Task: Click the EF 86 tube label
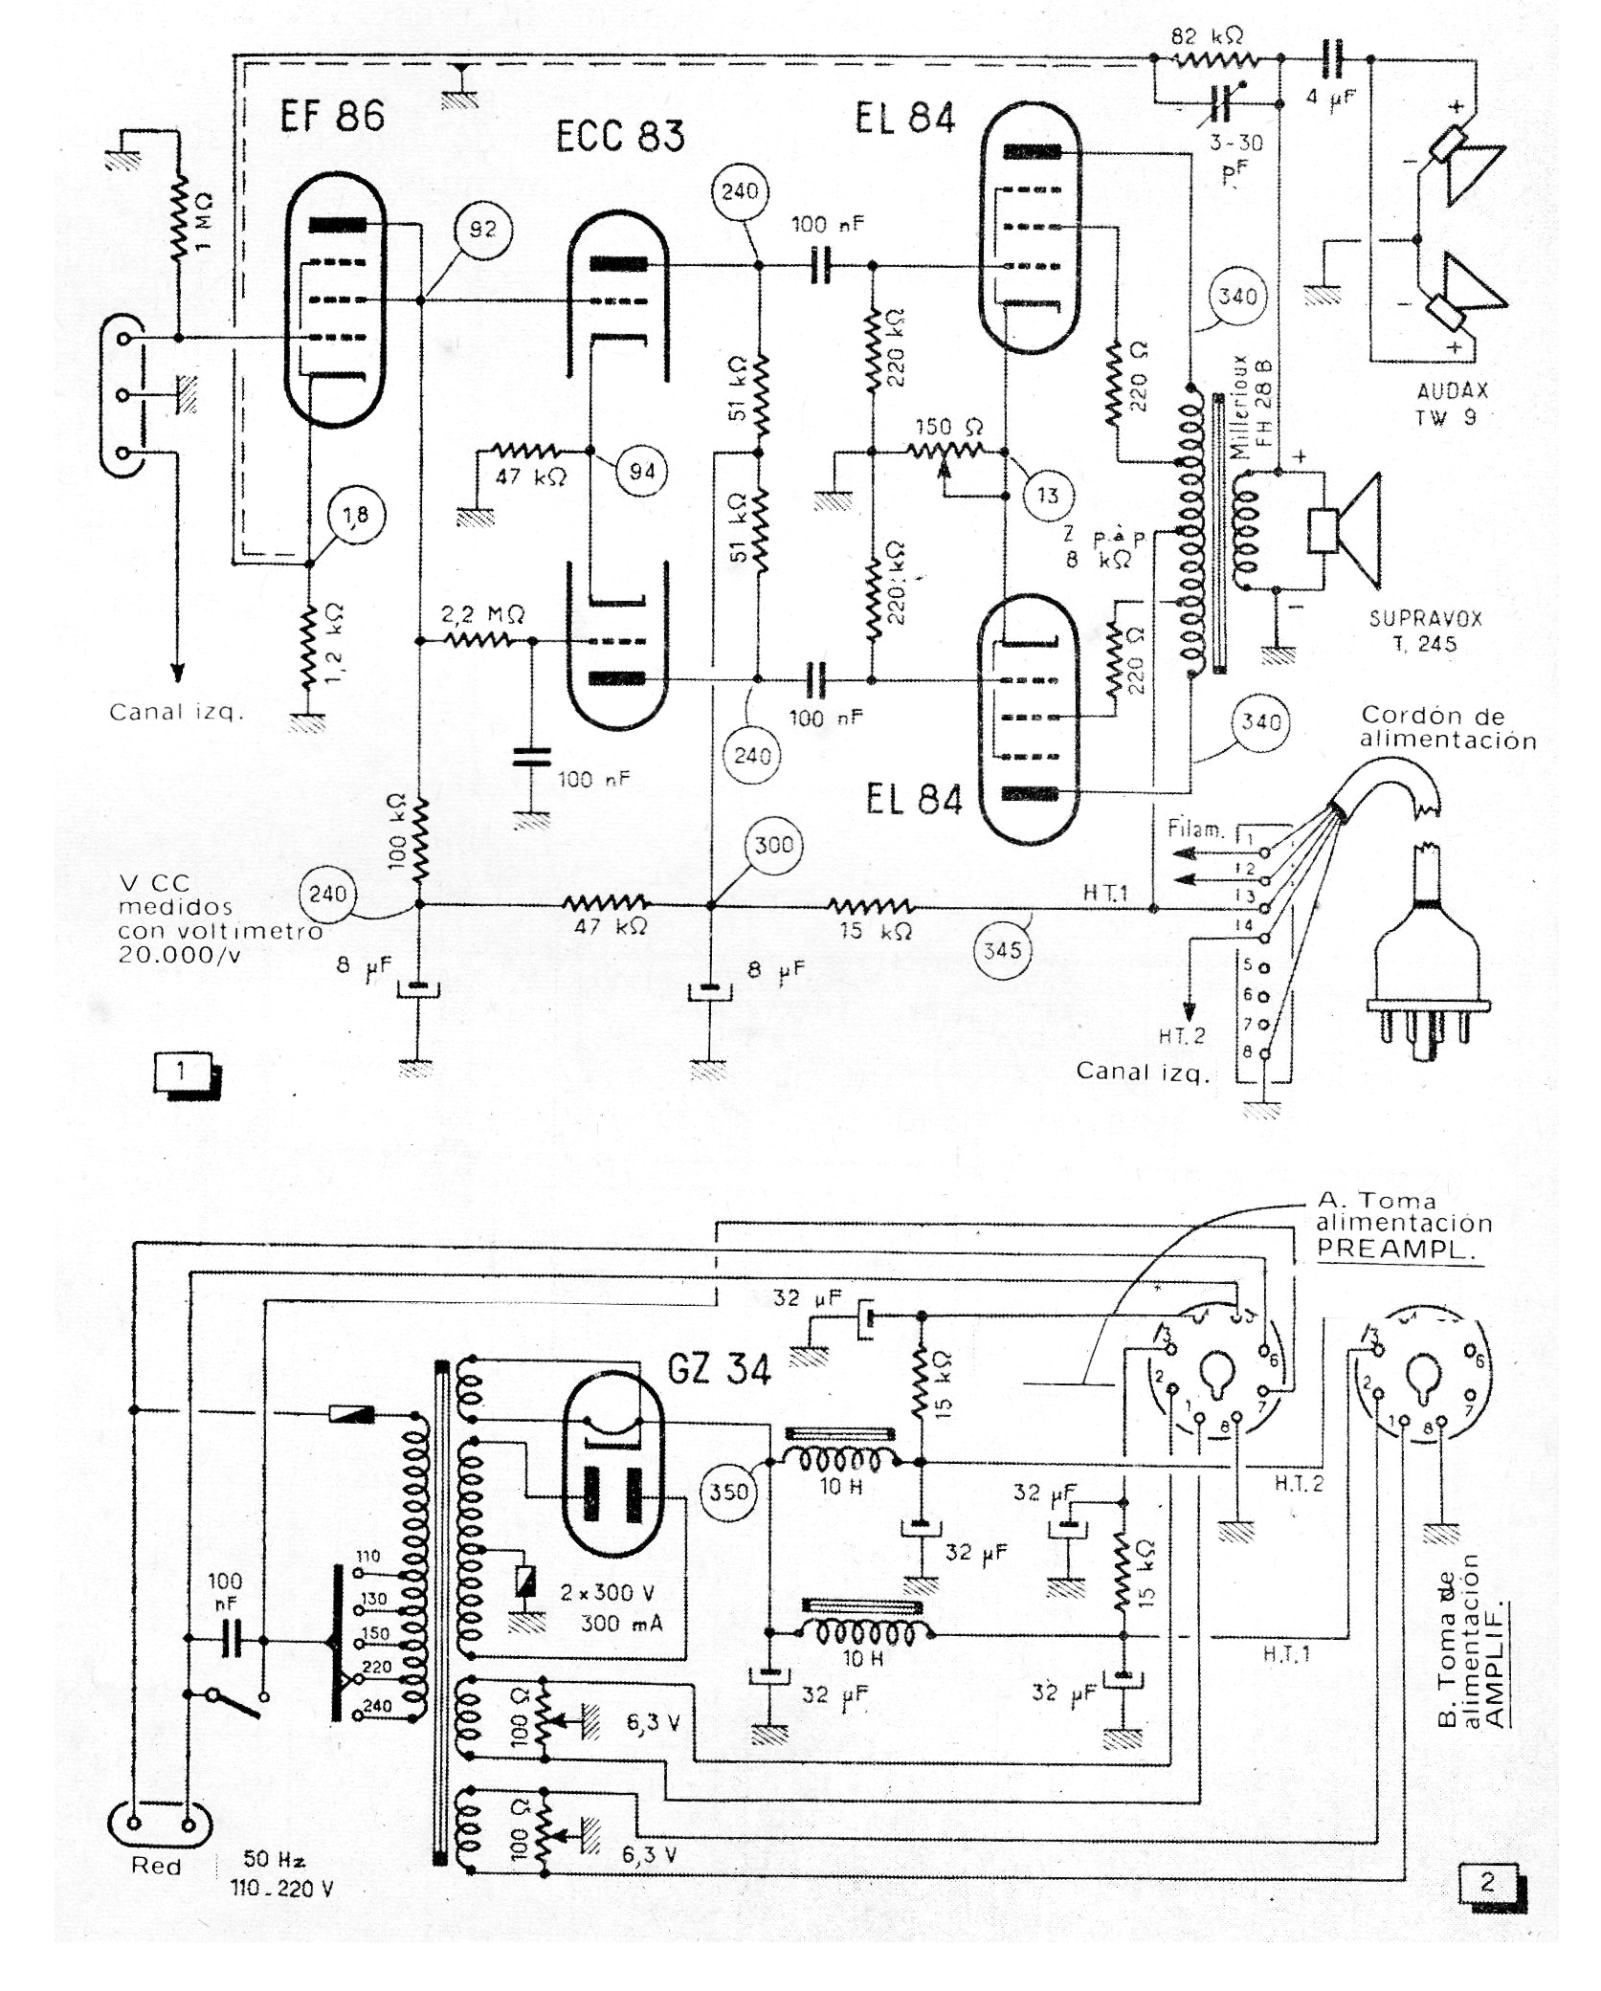[331, 118]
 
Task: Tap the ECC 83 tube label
[620, 136]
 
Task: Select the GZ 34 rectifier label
[719, 1371]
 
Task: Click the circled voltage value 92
[483, 230]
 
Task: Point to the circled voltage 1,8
[355, 516]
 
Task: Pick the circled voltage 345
[1002, 950]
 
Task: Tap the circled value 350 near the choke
[729, 1491]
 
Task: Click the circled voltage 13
[1048, 495]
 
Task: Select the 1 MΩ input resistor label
[203, 222]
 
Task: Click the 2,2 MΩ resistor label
[482, 615]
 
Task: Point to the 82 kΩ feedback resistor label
[1208, 37]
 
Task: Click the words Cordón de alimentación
[1448, 728]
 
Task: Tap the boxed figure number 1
[181, 1071]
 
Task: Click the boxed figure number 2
[1486, 1883]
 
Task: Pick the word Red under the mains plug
[156, 1867]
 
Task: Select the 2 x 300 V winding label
[608, 1592]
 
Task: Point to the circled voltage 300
[773, 845]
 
